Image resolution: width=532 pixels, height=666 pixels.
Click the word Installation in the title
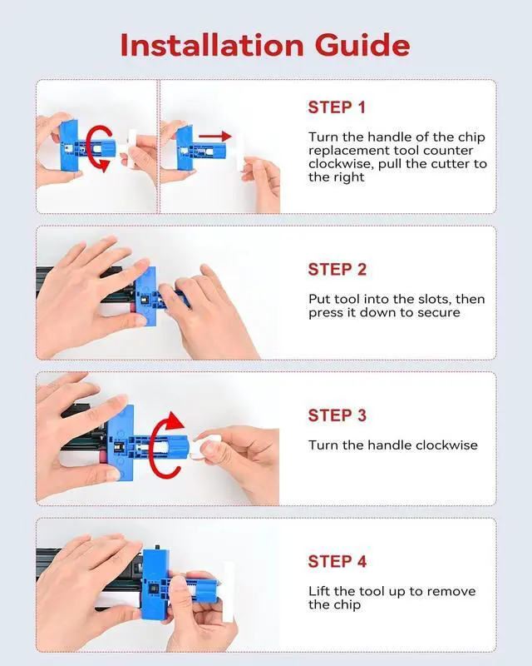coord(212,45)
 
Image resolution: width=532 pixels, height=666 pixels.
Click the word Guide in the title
coord(362,45)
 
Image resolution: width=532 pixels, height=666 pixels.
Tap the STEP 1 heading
coord(337,107)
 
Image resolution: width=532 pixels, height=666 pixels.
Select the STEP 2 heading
coord(337,269)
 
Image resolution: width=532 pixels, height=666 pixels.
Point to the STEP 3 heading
coord(337,415)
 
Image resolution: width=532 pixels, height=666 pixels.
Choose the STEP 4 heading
coord(337,561)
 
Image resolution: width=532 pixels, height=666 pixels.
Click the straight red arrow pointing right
coord(215,137)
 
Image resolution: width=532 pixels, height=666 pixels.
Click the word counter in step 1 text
coord(448,151)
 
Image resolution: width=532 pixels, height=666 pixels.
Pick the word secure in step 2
coord(439,313)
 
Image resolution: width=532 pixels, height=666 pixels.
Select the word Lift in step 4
coord(319,591)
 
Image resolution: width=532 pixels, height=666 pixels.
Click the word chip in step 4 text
coord(348,605)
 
